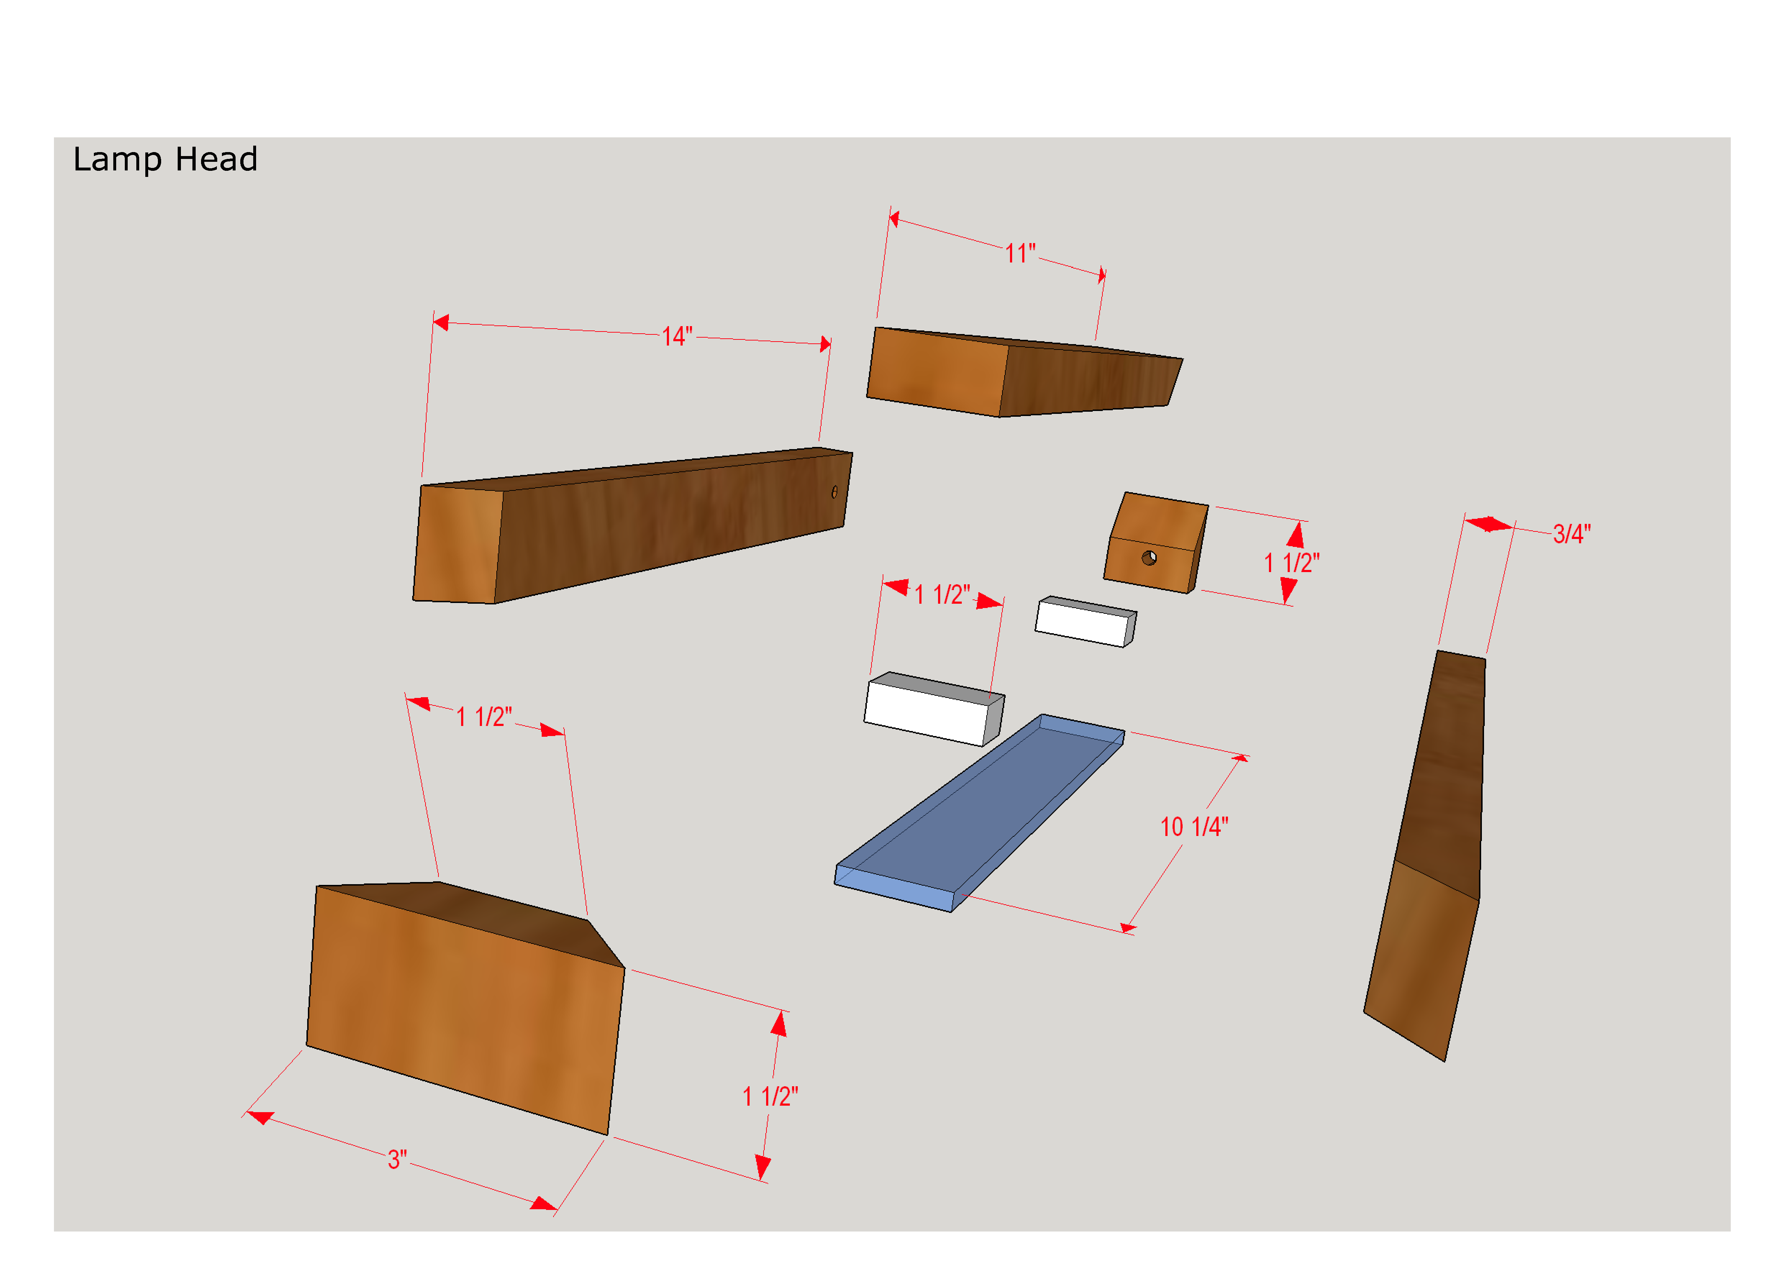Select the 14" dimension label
pos(677,337)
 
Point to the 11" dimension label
pos(1020,253)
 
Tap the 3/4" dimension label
pos(1572,534)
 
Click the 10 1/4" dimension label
pos(1194,827)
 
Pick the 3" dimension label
pos(397,1159)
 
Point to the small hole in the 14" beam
pos(834,492)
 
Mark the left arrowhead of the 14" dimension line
pos(441,322)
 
